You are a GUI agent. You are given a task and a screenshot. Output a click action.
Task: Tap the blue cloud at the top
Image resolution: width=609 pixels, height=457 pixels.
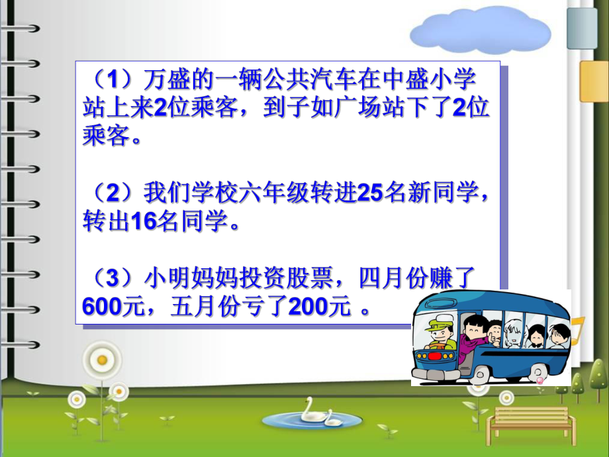coord(479,30)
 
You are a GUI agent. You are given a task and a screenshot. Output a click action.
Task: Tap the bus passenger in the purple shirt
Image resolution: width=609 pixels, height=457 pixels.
coord(471,337)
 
